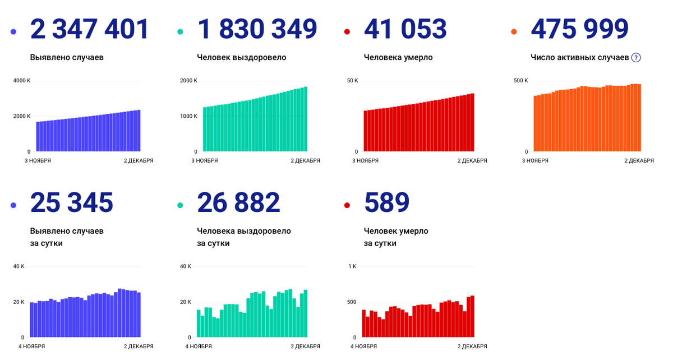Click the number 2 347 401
pyautogui.click(x=90, y=29)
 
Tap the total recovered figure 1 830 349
pyautogui.click(x=257, y=29)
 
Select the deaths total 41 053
pyautogui.click(x=405, y=29)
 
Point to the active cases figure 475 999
pyautogui.click(x=579, y=29)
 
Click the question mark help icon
pyautogui.click(x=636, y=57)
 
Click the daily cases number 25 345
pyautogui.click(x=72, y=202)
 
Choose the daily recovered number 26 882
pyautogui.click(x=238, y=202)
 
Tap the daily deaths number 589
pyautogui.click(x=386, y=202)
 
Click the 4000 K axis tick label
pyautogui.click(x=22, y=81)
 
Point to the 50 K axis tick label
pyautogui.click(x=352, y=81)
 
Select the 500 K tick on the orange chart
pyautogui.click(x=521, y=81)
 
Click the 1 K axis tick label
pyautogui.click(x=352, y=266)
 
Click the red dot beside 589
pyautogui.click(x=348, y=206)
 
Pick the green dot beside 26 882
pyautogui.click(x=181, y=206)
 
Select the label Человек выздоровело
pyautogui.click(x=242, y=57)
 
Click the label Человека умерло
pyautogui.click(x=398, y=57)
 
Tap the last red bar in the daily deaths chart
pyautogui.click(x=472, y=316)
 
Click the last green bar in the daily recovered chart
pyautogui.click(x=306, y=313)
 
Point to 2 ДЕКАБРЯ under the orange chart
pyautogui.click(x=639, y=161)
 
